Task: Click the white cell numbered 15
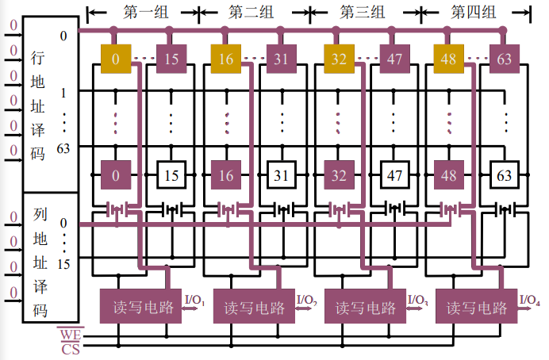171,175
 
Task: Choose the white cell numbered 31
282,175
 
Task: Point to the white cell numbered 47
394,175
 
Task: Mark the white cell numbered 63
505,175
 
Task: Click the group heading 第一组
144,13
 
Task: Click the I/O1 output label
195,301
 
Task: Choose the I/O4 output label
530,300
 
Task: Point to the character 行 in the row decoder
38,58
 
